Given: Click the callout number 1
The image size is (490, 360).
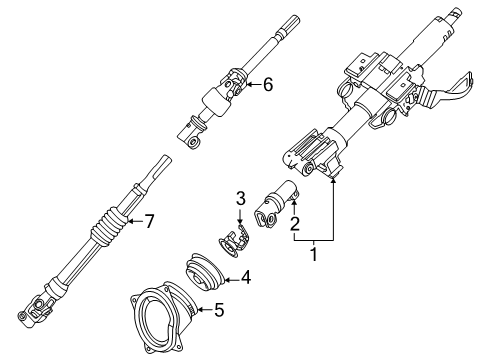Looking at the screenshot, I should pyautogui.click(x=314, y=257).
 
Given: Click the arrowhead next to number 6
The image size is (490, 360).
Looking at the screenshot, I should pyautogui.click(x=249, y=85).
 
